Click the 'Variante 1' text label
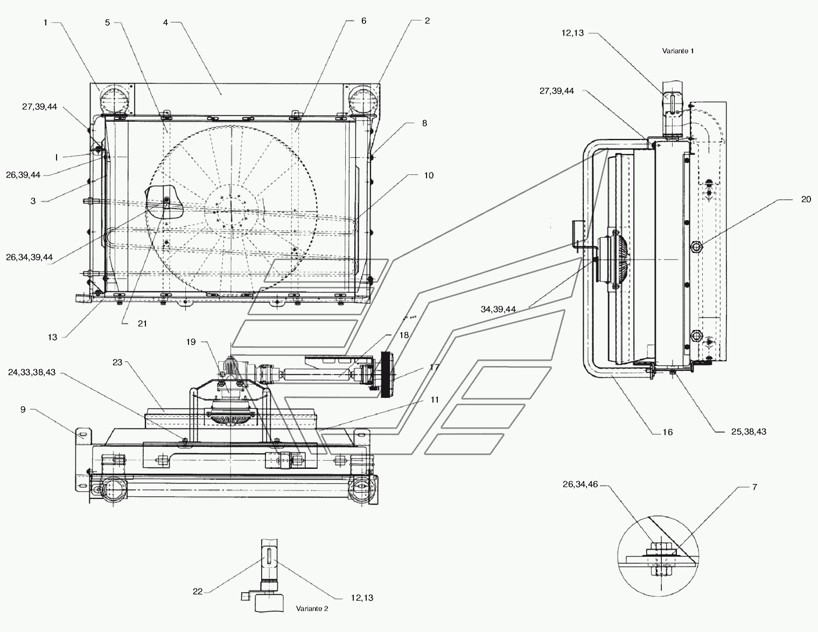pos(677,51)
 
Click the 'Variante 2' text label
pos(312,608)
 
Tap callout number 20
pos(806,199)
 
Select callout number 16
pos(667,432)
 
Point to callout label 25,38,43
pos(749,432)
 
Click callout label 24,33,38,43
pos(32,372)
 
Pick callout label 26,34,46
pos(580,484)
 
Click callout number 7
pos(754,487)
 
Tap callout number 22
pos(198,592)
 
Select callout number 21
pos(142,324)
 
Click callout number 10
pos(429,175)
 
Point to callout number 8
pos(424,123)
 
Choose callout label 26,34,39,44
pos(29,257)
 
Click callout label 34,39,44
pos(498,309)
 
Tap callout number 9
pos(23,409)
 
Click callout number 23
pos(117,362)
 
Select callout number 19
pos(191,342)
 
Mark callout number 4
pos(165,23)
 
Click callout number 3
pos(33,201)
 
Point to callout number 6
pos(363,20)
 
